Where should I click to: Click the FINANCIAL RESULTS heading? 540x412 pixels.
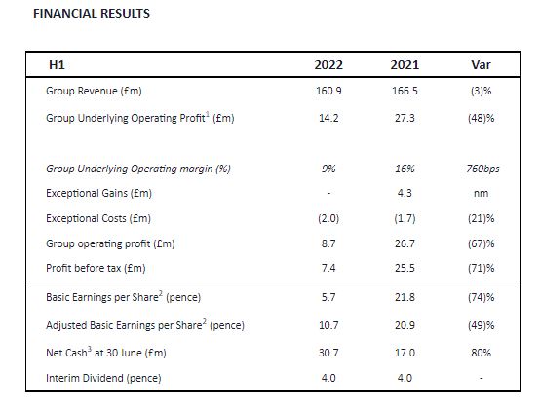pos(92,14)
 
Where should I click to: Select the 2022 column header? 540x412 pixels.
pos(328,65)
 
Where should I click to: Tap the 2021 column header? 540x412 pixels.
pos(405,65)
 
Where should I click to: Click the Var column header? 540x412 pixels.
pos(481,65)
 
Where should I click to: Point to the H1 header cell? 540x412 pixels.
pos(57,65)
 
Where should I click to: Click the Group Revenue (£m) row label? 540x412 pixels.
pos(94,91)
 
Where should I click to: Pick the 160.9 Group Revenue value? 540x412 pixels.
pos(328,91)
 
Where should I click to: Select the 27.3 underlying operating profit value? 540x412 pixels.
pos(405,118)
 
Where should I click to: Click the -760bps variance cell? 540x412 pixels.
pos(481,169)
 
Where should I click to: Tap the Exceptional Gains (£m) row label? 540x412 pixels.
pos(98,193)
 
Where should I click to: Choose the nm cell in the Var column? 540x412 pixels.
pos(481,194)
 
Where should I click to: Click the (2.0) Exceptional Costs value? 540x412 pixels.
pos(328,218)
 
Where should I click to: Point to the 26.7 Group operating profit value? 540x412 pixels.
pos(405,243)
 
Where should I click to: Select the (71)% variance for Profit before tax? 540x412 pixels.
pos(481,268)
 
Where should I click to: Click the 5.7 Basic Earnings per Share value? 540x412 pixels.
pos(328,297)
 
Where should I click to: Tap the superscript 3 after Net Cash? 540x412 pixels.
pos(90,349)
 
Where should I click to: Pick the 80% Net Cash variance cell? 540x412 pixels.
pos(481,353)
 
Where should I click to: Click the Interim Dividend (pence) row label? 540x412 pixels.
pos(103,378)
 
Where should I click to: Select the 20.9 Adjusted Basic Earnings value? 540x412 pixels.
pos(405,325)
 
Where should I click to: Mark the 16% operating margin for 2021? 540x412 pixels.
pos(405,169)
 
